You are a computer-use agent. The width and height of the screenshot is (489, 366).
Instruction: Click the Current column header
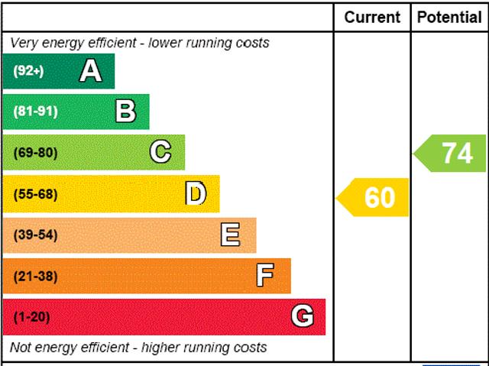(372, 17)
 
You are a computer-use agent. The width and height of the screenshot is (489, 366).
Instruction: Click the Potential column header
(449, 17)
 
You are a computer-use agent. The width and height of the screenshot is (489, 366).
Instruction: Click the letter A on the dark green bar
(90, 71)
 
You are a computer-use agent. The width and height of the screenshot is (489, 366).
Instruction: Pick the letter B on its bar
(125, 112)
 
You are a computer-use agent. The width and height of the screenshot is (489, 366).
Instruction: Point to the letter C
(160, 152)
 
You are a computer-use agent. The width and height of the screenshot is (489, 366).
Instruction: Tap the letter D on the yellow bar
(196, 193)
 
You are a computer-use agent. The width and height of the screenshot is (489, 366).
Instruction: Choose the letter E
(230, 235)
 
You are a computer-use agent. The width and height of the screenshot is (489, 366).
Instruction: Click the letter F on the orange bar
(265, 275)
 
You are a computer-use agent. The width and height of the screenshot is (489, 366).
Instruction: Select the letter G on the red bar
(302, 316)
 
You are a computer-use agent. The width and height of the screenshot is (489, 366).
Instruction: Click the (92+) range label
(28, 72)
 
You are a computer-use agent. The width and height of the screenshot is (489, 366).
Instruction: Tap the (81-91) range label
(35, 112)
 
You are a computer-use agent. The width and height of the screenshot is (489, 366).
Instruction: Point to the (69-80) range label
(35, 153)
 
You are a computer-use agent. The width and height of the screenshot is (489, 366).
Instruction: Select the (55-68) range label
(35, 194)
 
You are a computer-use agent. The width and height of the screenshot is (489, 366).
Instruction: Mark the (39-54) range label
(35, 235)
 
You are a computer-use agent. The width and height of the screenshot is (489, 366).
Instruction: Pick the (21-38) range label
(35, 276)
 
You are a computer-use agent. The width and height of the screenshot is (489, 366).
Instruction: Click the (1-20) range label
(31, 317)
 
